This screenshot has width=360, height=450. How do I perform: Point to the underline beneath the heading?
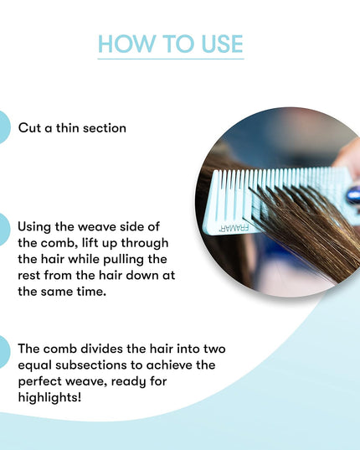(170, 59)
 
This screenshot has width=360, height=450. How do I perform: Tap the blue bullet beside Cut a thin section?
(4, 127)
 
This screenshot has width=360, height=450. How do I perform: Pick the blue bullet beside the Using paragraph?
(4, 229)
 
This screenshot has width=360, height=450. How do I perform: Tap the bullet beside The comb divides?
(4, 348)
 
